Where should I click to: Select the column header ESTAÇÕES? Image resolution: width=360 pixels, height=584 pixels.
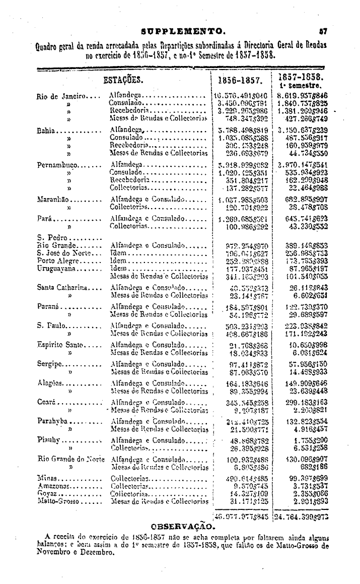[123, 80]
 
